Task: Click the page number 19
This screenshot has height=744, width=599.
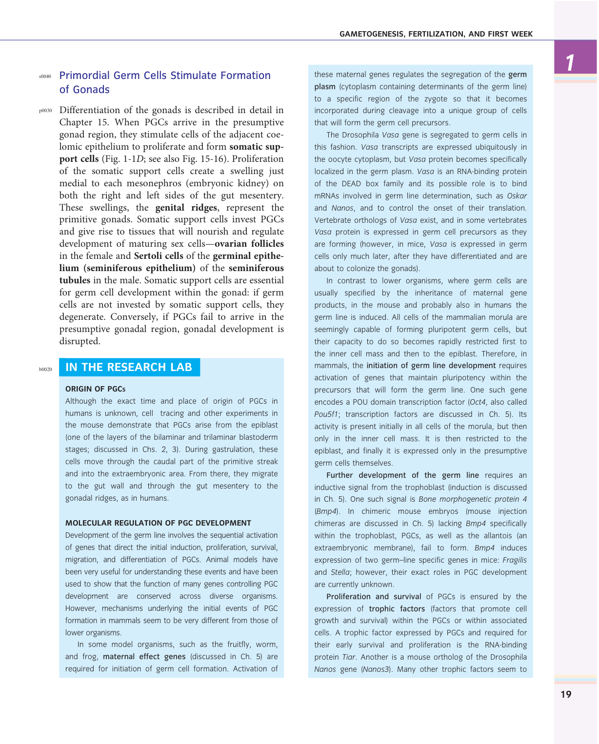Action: pos(566,694)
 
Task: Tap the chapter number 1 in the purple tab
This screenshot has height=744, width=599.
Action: pos(569,62)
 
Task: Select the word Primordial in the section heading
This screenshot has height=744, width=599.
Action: pos(84,76)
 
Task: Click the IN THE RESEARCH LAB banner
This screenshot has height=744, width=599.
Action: pos(129,367)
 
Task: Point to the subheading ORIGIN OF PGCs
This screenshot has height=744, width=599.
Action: pos(96,389)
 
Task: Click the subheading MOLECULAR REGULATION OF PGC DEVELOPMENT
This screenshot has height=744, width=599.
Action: pos(158,523)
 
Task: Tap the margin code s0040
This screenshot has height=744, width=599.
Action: pos(45,77)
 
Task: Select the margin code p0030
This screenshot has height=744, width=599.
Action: pos(45,111)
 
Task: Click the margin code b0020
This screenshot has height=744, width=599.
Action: pos(45,370)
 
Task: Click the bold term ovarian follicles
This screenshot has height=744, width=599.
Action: pos(249,244)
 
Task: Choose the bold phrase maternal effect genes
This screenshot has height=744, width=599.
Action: pos(144,657)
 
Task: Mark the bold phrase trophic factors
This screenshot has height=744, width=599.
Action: pos(397,609)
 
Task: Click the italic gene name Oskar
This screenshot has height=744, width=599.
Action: pos(517,196)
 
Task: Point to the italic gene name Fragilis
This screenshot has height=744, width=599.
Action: pos(515,560)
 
